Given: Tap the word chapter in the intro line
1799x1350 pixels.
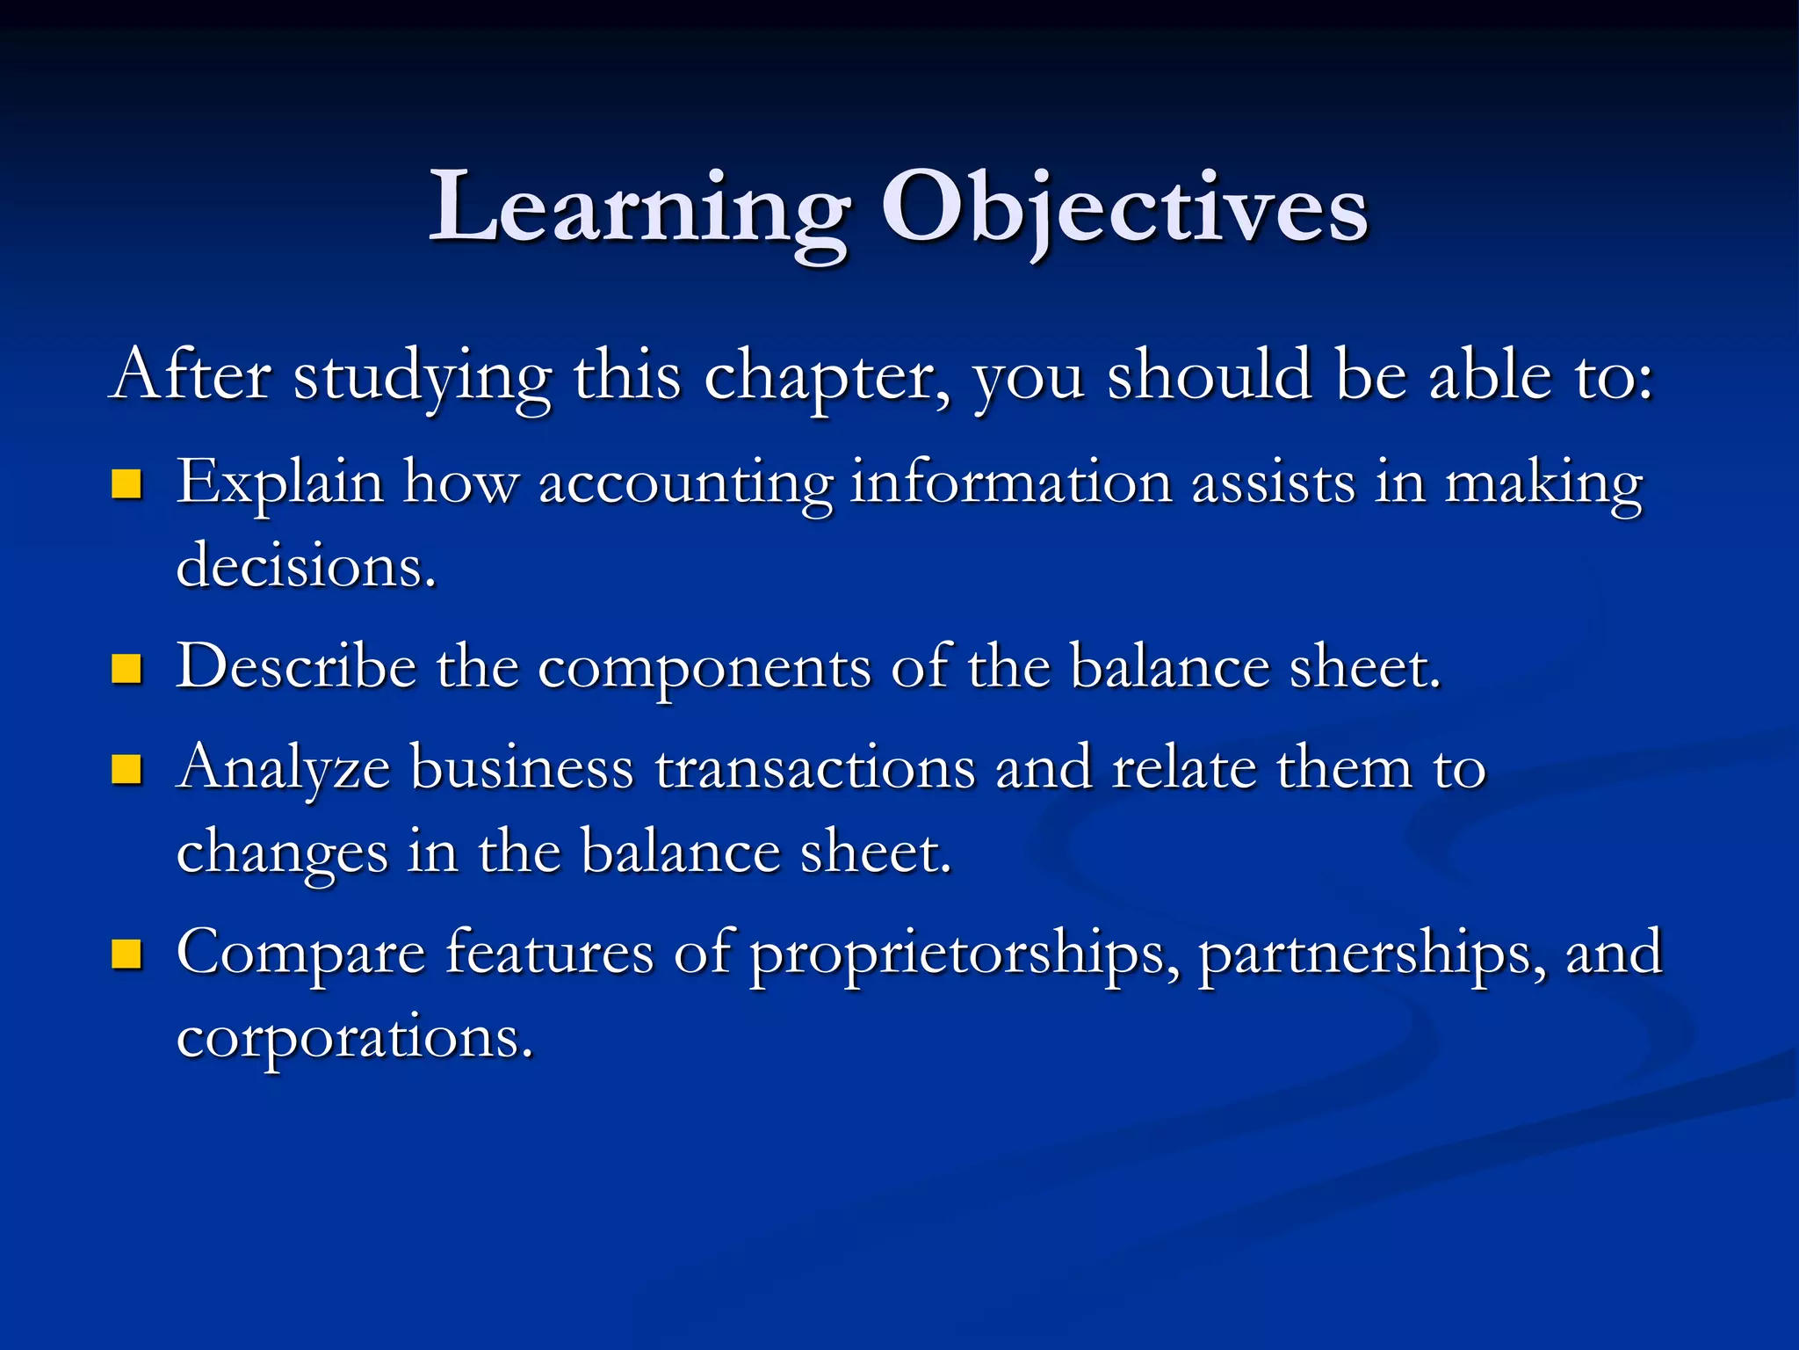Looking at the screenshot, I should pyautogui.click(x=827, y=376).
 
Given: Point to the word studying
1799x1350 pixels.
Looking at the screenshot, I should pyautogui.click(x=423, y=376).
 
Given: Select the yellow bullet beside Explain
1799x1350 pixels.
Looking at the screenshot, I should pyautogui.click(x=127, y=484).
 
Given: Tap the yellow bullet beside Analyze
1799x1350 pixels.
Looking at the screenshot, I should pyautogui.click(x=127, y=769).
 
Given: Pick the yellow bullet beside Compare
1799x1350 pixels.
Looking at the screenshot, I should pyautogui.click(x=127, y=954).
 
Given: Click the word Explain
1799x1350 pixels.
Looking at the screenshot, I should pyautogui.click(x=280, y=483).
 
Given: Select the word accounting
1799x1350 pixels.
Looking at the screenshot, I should pyautogui.click(x=685, y=485).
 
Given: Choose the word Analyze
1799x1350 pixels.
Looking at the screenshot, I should pyautogui.click(x=283, y=769).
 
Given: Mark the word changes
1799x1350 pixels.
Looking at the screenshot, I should pyautogui.click(x=282, y=853).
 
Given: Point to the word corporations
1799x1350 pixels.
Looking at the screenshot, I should pyautogui.click(x=355, y=1038).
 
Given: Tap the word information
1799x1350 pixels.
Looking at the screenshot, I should pyautogui.click(x=1011, y=483).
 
